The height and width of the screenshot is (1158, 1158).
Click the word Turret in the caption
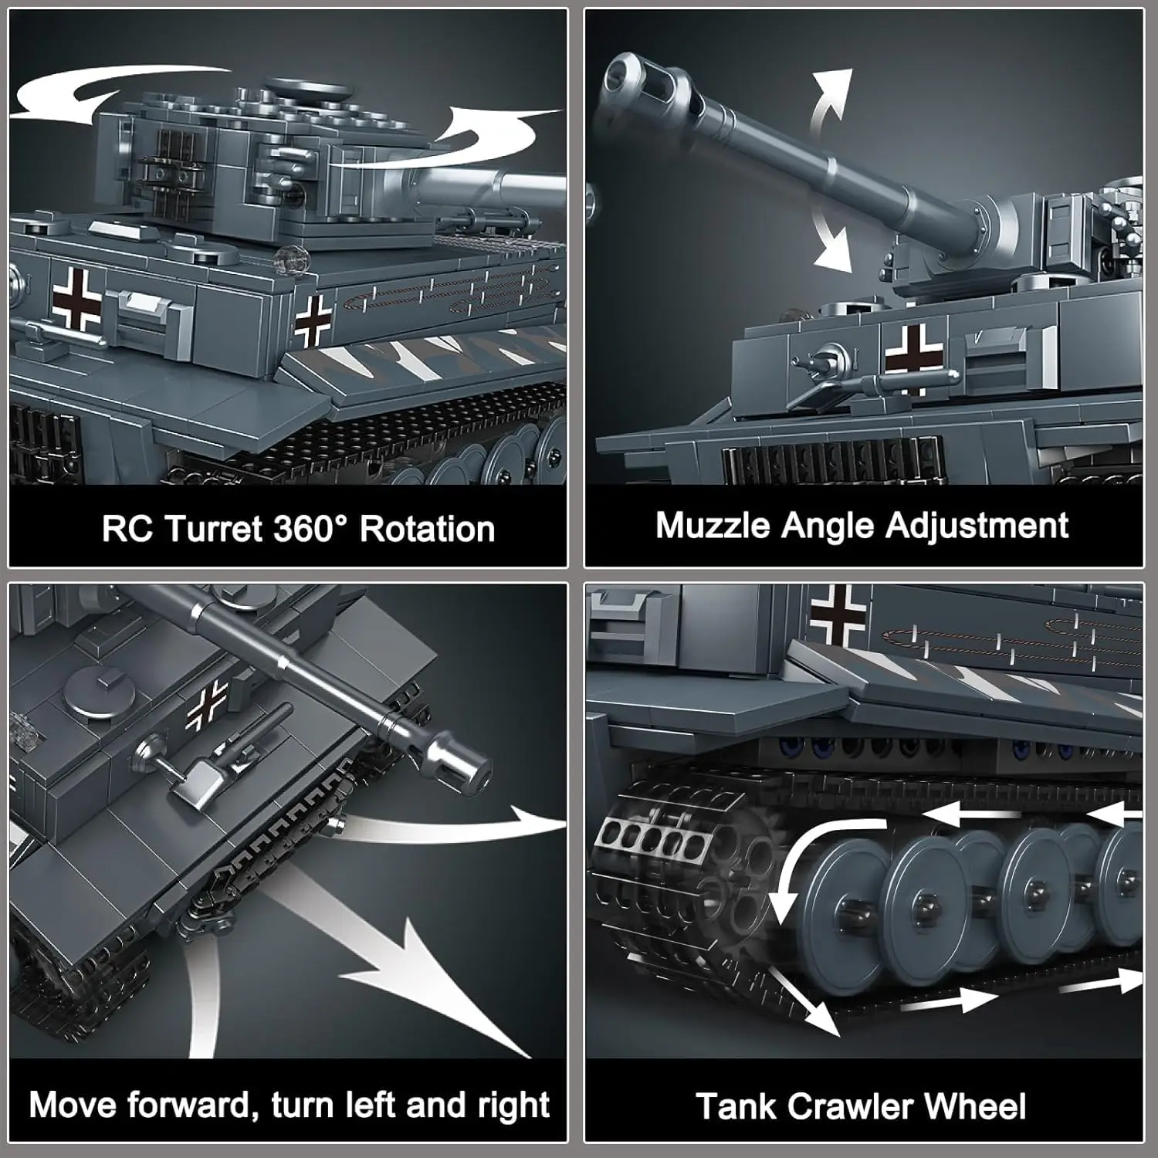point(216,530)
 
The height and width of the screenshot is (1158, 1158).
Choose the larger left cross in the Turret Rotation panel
point(76,299)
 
